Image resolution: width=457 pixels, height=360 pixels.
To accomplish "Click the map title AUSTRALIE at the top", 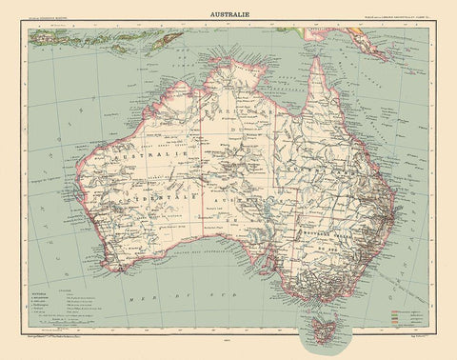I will coord(228,14).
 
